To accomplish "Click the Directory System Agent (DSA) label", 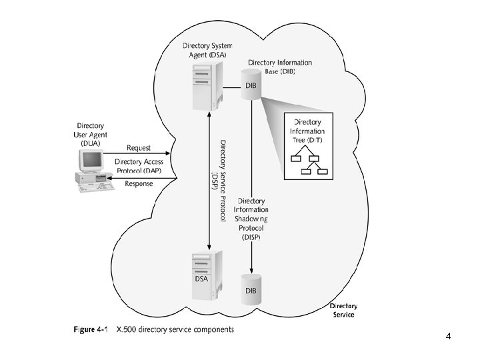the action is pos(207,50).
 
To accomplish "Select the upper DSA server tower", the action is pos(208,86).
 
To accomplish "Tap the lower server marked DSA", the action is pos(207,275).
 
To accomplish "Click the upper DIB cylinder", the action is pos(251,85).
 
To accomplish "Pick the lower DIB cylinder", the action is pos(251,289).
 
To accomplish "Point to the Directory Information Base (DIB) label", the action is pos(280,67).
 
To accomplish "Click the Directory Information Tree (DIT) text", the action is pos(307,131).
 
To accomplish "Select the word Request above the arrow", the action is pos(139,148).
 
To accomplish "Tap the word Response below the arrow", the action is pos(139,184).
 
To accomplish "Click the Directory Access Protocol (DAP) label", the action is pos(139,166).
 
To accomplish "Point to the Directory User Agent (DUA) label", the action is pos(90,135).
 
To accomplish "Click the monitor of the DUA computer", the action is pos(91,161).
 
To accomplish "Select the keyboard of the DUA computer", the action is pos(96,187).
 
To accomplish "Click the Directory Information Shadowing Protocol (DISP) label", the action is pos(251,219).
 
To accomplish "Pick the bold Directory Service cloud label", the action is pos(343,311).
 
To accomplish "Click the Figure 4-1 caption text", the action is pos(154,329).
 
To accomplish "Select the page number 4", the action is pos(448,336).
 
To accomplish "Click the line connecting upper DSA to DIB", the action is pos(232,88).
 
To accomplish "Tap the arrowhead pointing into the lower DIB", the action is pos(251,271).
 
